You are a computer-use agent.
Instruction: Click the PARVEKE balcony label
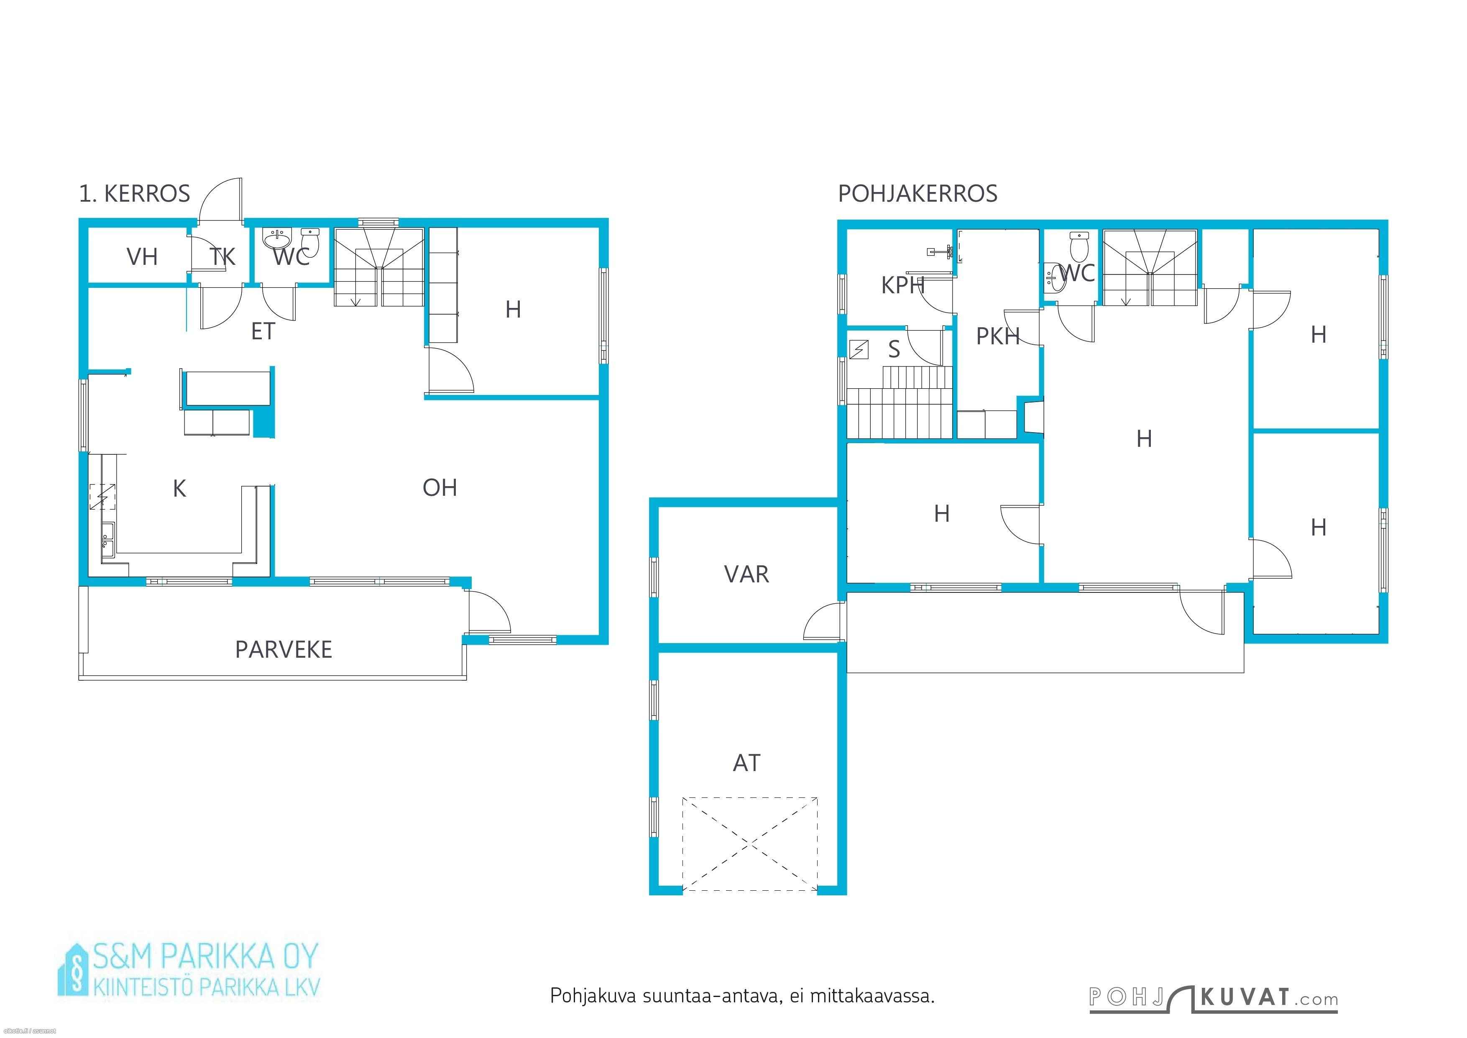[x=284, y=649]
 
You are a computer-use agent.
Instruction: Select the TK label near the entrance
[x=222, y=256]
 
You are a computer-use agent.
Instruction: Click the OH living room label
[x=440, y=488]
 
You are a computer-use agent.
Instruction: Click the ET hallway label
[x=263, y=331]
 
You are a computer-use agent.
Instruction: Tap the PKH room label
[x=997, y=336]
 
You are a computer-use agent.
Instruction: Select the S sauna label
[x=894, y=349]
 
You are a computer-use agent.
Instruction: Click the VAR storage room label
[x=746, y=574]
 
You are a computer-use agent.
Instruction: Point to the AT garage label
[x=746, y=763]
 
